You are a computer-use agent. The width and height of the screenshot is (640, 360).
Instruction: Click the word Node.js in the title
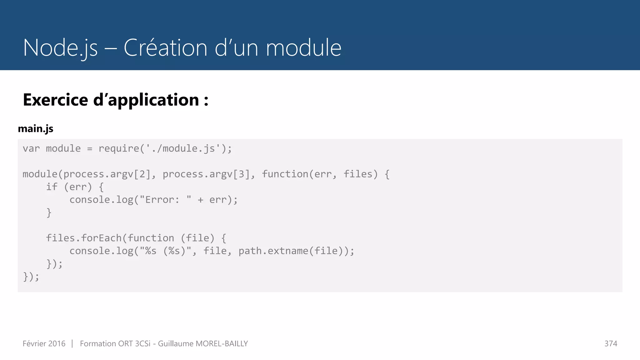pyautogui.click(x=60, y=48)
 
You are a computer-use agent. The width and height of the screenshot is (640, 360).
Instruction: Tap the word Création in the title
pyautogui.click(x=165, y=48)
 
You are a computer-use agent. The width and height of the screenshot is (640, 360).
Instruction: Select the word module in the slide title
pyautogui.click(x=303, y=48)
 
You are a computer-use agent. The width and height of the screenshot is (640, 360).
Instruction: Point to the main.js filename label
pyautogui.click(x=36, y=129)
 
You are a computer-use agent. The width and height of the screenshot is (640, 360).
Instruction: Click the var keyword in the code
pyautogui.click(x=31, y=148)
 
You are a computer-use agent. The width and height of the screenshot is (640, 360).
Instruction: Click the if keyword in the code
pyautogui.click(x=52, y=187)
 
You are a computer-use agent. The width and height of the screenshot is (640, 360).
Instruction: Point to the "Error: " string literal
pyautogui.click(x=165, y=200)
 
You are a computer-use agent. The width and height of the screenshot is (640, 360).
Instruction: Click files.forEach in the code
pyautogui.click(x=84, y=238)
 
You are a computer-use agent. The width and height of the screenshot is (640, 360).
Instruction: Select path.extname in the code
pyautogui.click(x=273, y=251)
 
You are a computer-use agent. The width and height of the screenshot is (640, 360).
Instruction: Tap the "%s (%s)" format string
pyautogui.click(x=165, y=251)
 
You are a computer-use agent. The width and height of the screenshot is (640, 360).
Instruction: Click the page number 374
pyautogui.click(x=611, y=344)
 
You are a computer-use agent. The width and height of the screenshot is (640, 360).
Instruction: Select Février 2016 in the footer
pyautogui.click(x=44, y=344)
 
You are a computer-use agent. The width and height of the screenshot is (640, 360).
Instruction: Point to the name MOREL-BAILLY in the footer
pyautogui.click(x=222, y=344)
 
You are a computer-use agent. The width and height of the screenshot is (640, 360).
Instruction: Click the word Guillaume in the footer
pyautogui.click(x=176, y=344)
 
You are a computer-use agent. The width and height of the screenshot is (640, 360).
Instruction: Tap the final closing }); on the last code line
pyautogui.click(x=31, y=277)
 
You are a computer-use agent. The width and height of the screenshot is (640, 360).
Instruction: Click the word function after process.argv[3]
pyautogui.click(x=285, y=174)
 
